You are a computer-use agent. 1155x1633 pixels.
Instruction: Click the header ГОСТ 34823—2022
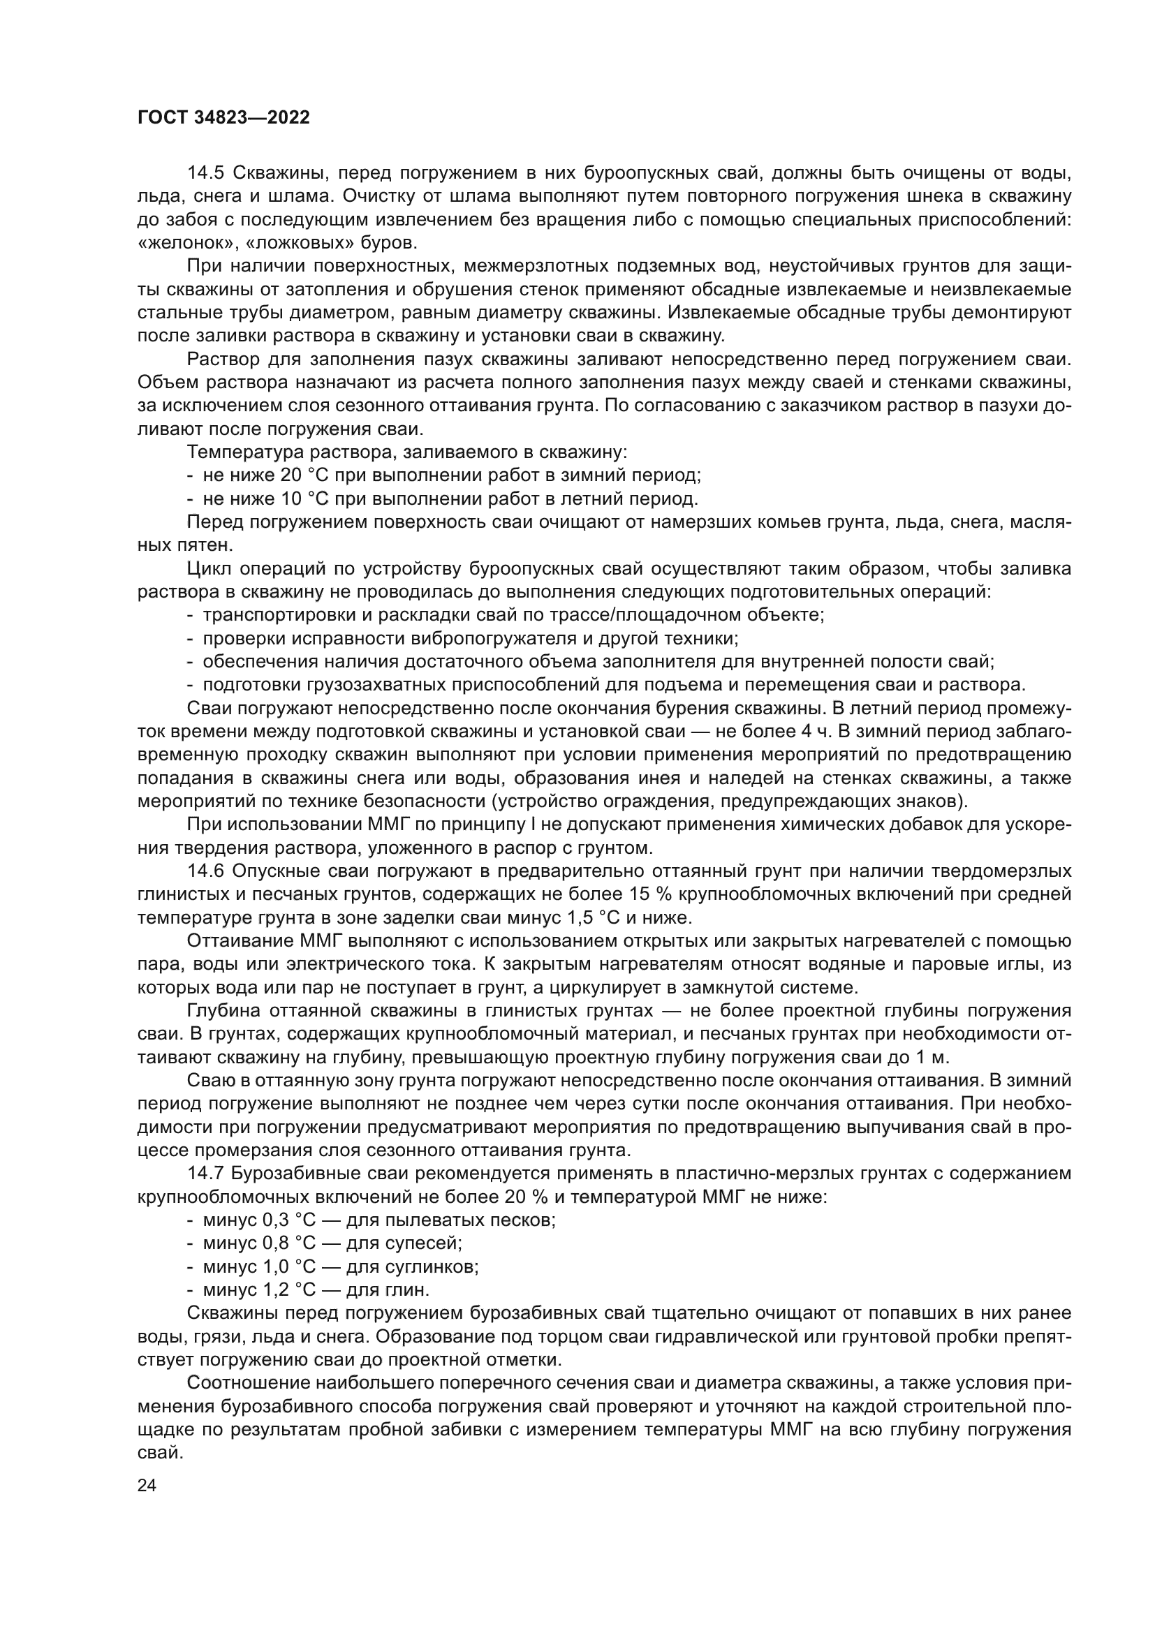point(223,118)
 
